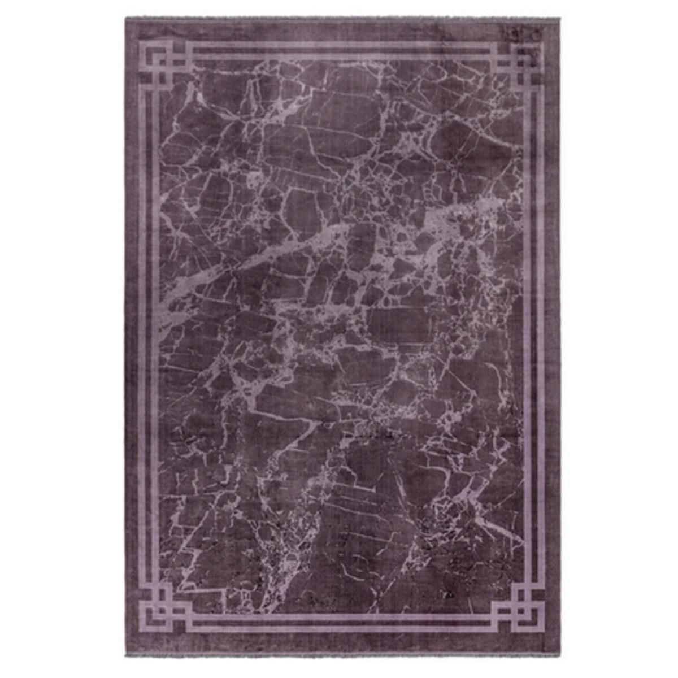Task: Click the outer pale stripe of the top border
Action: pyautogui.click(x=339, y=44)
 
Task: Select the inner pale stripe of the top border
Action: pyautogui.click(x=339, y=55)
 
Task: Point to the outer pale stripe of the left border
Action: pyautogui.click(x=142, y=339)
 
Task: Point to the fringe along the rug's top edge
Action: pyautogui.click(x=339, y=17)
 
